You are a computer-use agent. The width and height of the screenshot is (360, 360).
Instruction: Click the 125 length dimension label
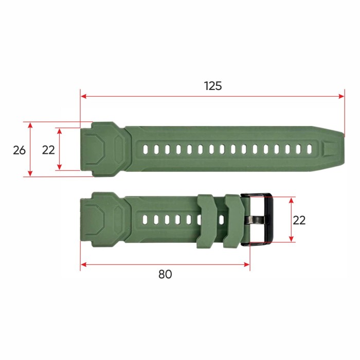tap(213, 86)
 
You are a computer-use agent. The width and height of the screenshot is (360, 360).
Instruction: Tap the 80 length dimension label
tap(165, 274)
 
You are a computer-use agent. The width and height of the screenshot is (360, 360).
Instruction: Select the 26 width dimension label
tap(19, 150)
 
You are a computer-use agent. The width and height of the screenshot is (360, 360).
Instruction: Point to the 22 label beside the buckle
tap(299, 220)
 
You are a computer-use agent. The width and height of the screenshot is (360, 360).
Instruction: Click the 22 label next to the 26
tap(48, 150)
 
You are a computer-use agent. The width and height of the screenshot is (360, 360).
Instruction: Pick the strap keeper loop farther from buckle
tap(207, 221)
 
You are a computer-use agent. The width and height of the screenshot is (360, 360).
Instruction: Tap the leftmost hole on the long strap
tap(146, 150)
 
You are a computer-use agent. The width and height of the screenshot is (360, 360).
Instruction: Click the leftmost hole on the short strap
tap(146, 220)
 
